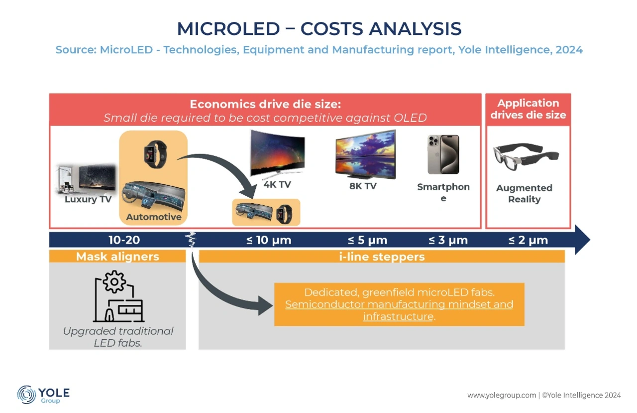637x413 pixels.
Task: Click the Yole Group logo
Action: pyautogui.click(x=43, y=395)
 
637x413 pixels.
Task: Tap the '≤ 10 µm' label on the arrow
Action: pyautogui.click(x=269, y=240)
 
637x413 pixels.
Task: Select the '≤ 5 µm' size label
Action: pyautogui.click(x=367, y=240)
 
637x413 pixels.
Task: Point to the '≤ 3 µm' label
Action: pyautogui.click(x=448, y=240)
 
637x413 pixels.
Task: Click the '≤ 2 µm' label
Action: pyautogui.click(x=528, y=240)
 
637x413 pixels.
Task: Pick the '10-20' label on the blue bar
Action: pyautogui.click(x=124, y=240)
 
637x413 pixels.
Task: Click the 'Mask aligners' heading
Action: pyautogui.click(x=117, y=257)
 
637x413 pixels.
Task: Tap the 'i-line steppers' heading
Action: pyautogui.click(x=382, y=257)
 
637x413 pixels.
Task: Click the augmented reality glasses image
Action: pyautogui.click(x=526, y=156)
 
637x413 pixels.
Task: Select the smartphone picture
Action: pyautogui.click(x=443, y=154)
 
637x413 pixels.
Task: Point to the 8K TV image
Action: pyautogui.click(x=365, y=154)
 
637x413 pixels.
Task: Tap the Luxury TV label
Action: pyautogui.click(x=88, y=199)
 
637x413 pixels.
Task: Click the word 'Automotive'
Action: pyautogui.click(x=154, y=217)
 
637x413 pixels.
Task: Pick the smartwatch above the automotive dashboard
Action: pyautogui.click(x=155, y=154)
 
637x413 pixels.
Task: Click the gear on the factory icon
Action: pyautogui.click(x=114, y=282)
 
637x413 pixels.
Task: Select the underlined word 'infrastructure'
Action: pyautogui.click(x=398, y=316)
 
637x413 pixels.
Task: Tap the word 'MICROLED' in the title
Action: pyautogui.click(x=228, y=29)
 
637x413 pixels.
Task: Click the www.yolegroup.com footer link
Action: pyautogui.click(x=502, y=396)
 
